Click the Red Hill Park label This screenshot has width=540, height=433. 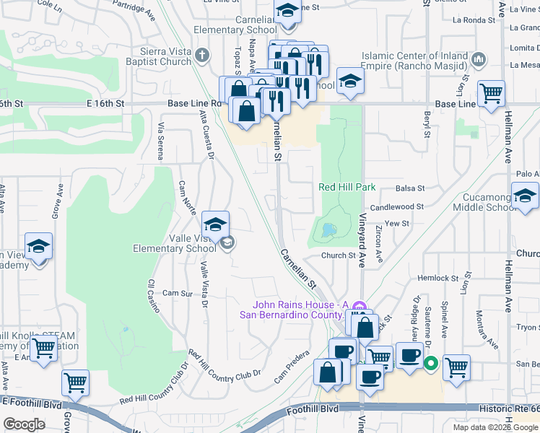pyautogui.click(x=347, y=187)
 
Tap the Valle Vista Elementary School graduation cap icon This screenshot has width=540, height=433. pyautogui.click(x=215, y=224)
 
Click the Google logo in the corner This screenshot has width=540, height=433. pyautogui.click(x=24, y=424)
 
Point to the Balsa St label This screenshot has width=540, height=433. pyautogui.click(x=411, y=188)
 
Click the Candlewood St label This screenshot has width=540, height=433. pyautogui.click(x=397, y=206)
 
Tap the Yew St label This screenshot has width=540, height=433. pyautogui.click(x=397, y=224)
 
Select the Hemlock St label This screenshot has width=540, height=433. pyautogui.click(x=439, y=278)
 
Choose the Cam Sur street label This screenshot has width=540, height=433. pyautogui.click(x=177, y=294)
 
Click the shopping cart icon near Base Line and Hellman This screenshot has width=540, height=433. pyautogui.click(x=491, y=93)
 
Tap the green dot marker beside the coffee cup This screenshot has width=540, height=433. pyautogui.click(x=431, y=363)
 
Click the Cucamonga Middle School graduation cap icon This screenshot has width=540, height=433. pyautogui.click(x=524, y=195)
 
